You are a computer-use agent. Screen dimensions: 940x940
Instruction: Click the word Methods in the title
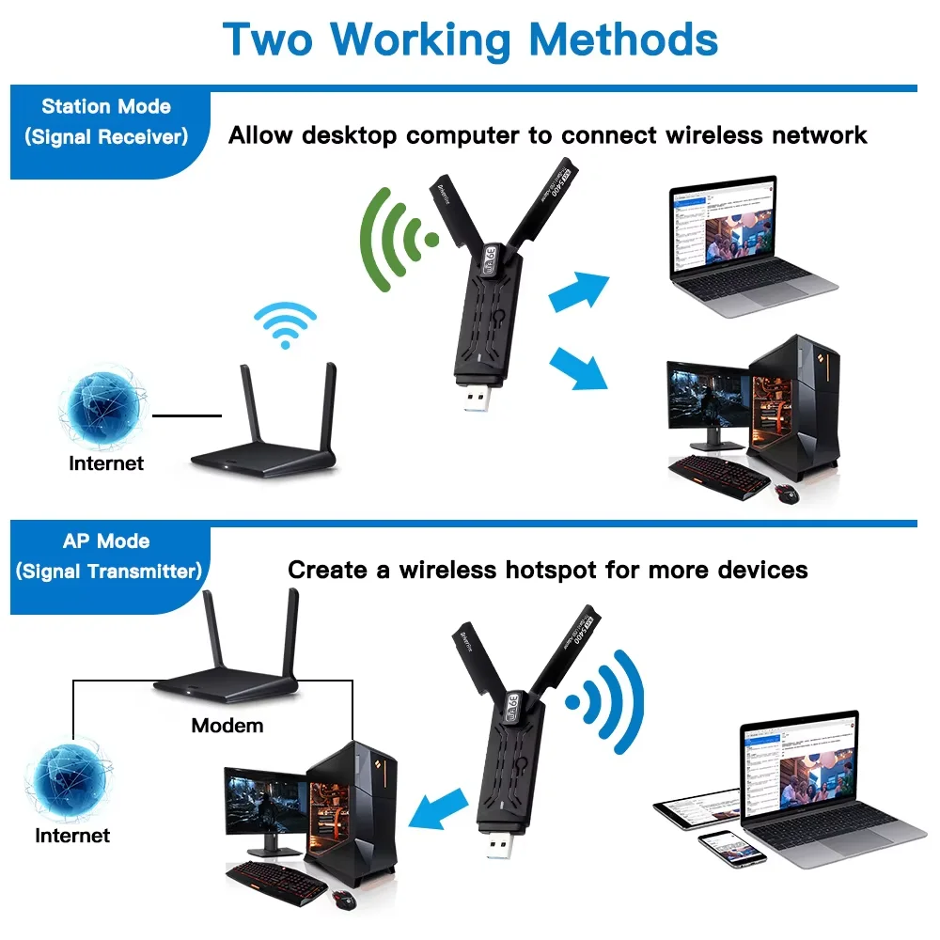(623, 39)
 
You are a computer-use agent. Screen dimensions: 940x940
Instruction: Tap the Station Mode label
(106, 106)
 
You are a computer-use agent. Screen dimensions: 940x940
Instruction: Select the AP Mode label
(106, 541)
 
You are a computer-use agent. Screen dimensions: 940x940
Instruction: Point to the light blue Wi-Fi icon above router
(284, 323)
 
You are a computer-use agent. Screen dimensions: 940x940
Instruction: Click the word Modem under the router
(227, 726)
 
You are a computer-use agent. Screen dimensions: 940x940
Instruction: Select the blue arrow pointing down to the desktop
(577, 368)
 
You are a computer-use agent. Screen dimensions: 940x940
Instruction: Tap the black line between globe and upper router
(187, 415)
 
